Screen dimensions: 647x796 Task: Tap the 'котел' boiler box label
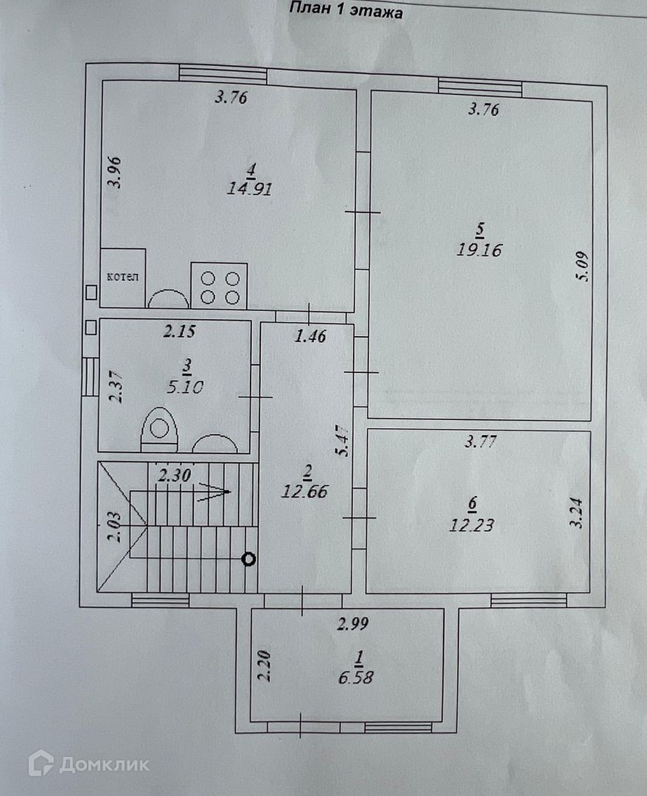122,277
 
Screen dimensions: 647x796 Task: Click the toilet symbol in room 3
159,429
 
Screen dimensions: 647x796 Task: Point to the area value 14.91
251,188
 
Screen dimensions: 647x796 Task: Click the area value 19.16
478,250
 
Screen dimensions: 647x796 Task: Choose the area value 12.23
472,526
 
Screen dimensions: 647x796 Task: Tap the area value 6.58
356,677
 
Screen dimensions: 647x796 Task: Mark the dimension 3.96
113,173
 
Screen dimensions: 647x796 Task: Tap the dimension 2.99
352,625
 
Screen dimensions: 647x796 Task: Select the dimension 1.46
310,337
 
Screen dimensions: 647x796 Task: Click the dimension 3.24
577,513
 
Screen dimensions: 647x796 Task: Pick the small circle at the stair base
249,559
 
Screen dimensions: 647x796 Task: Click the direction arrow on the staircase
214,491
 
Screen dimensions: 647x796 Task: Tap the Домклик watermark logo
88,764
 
